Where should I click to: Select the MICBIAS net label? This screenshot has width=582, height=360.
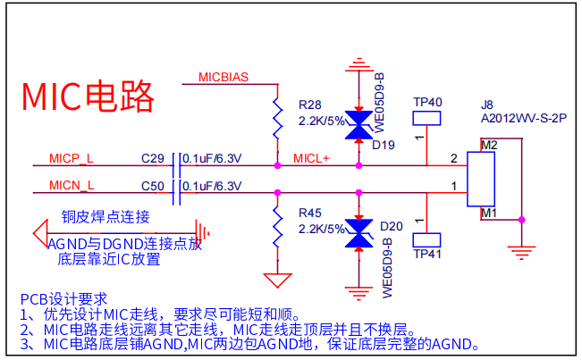pos(223,77)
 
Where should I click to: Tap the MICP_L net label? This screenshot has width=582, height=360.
pos(71,159)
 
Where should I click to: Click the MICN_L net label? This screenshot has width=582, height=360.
pos(71,186)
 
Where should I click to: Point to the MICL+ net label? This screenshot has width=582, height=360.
pos(312,159)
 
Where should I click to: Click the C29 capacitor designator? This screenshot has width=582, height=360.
pos(153,159)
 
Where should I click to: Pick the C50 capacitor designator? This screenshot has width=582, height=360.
pos(153,186)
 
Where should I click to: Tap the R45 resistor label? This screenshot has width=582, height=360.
pos(310,213)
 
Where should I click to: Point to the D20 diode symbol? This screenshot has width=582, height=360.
pos(358,234)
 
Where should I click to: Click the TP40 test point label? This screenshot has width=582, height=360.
pos(427,103)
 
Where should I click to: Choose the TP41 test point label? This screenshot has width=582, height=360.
pos(427,255)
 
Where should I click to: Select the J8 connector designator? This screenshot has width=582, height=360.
pos(487,104)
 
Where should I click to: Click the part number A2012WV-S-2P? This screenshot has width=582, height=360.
pos(524,117)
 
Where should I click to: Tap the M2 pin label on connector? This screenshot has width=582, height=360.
pos(488,145)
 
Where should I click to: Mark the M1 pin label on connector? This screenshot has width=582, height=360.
pos(488,213)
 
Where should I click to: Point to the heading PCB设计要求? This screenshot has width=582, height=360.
pos(63,299)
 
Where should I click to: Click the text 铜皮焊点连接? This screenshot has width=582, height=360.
pos(105,217)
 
